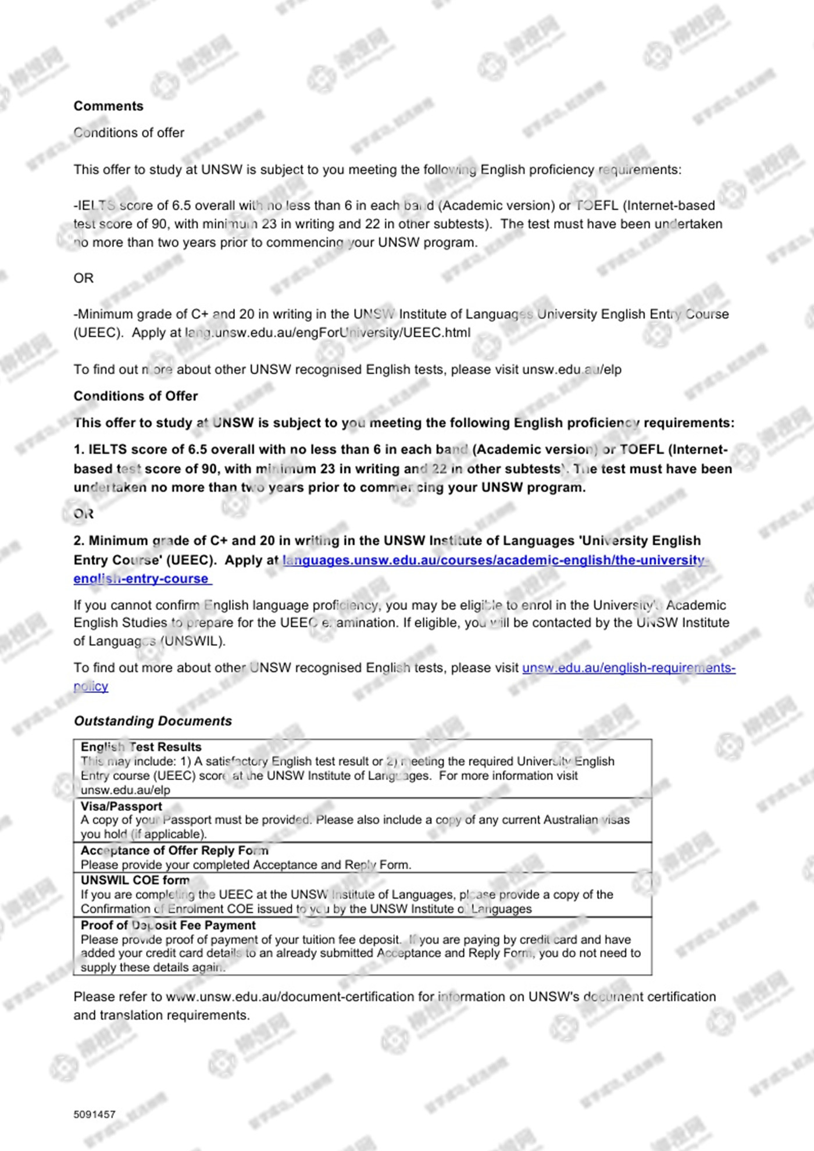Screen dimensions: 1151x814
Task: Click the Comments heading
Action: click(108, 106)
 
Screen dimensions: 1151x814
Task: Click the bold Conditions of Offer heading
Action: click(135, 396)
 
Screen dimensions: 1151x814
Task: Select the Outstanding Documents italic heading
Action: click(152, 721)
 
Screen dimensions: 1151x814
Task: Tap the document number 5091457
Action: click(94, 1114)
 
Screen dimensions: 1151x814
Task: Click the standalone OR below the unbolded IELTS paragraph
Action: click(83, 278)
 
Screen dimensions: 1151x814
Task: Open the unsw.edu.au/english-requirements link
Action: click(628, 668)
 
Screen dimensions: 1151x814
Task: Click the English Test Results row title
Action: click(141, 747)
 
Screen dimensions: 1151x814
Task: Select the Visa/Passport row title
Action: click(121, 806)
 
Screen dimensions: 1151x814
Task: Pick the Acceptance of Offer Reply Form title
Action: click(174, 850)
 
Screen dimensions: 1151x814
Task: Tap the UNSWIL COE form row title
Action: click(135, 880)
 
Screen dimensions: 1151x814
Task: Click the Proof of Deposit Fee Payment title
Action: click(168, 925)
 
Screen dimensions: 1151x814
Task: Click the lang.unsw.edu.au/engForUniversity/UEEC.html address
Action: click(327, 333)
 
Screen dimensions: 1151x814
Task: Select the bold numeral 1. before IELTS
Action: click(79, 449)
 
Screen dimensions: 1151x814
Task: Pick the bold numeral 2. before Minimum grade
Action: click(79, 541)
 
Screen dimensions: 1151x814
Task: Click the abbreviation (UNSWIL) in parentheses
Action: click(192, 641)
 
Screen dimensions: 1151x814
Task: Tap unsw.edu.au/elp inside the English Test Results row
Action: click(125, 790)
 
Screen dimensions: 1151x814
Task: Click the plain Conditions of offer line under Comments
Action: click(128, 133)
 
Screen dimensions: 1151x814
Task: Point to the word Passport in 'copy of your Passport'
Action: click(188, 820)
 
